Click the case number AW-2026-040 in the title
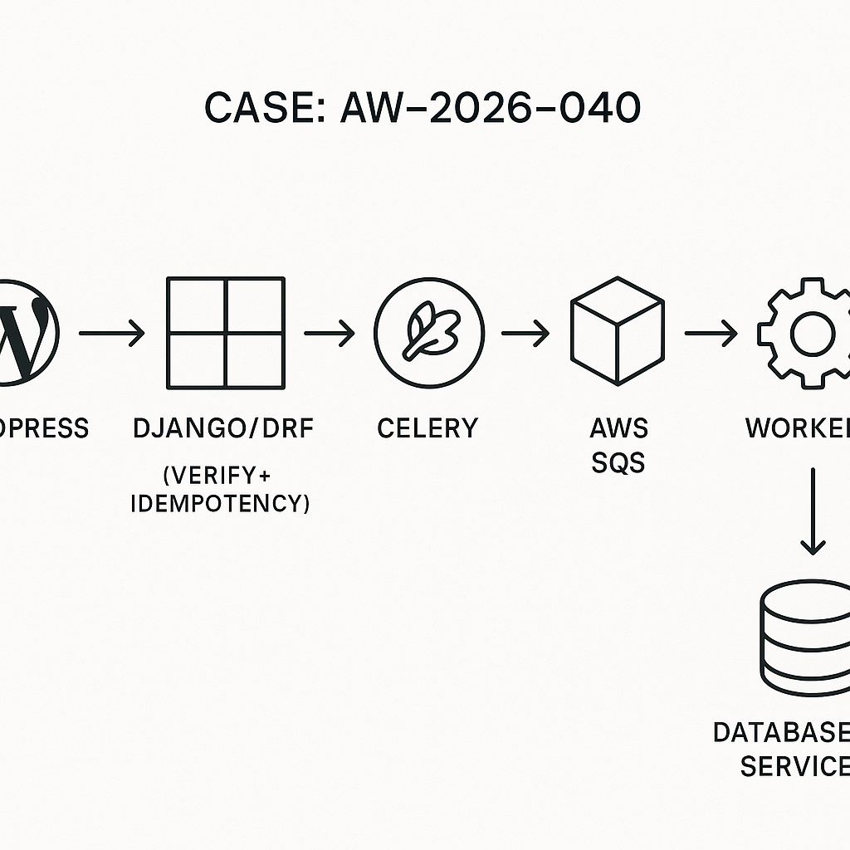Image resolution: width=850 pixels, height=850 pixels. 490,109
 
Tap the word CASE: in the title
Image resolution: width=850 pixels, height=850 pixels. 265,109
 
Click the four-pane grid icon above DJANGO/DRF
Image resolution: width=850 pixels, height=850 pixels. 226,332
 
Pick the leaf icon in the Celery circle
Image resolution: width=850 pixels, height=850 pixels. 429,333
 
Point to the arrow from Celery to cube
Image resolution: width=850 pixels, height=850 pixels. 525,334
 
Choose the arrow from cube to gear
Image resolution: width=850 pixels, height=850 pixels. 711,334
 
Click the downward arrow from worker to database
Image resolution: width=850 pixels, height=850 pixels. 813,510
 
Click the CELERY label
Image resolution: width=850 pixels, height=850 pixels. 427,428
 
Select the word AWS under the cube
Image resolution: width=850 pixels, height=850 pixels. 618,428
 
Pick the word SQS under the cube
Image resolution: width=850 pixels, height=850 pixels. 618,462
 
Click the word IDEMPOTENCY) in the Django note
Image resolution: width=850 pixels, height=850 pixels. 221,503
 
